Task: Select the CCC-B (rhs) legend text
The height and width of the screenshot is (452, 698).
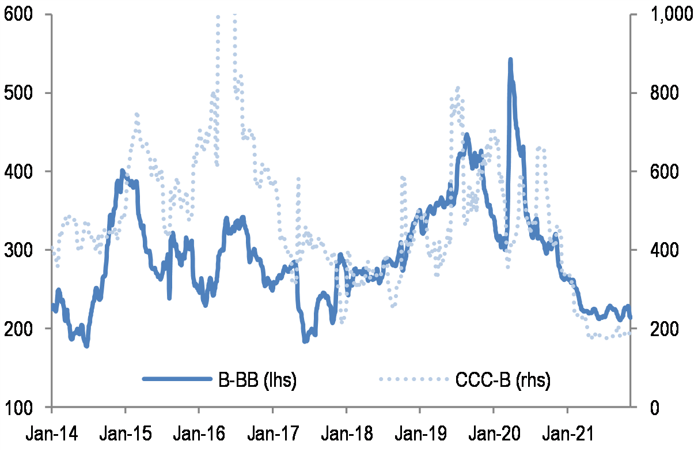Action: pyautogui.click(x=503, y=380)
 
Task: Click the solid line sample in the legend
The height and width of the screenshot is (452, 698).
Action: pyautogui.click(x=176, y=379)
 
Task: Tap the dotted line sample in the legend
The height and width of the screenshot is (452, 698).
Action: pyautogui.click(x=414, y=379)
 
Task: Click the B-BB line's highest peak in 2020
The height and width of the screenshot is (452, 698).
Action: pyautogui.click(x=510, y=59)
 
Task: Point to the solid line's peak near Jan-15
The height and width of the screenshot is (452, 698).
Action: pyautogui.click(x=122, y=171)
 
